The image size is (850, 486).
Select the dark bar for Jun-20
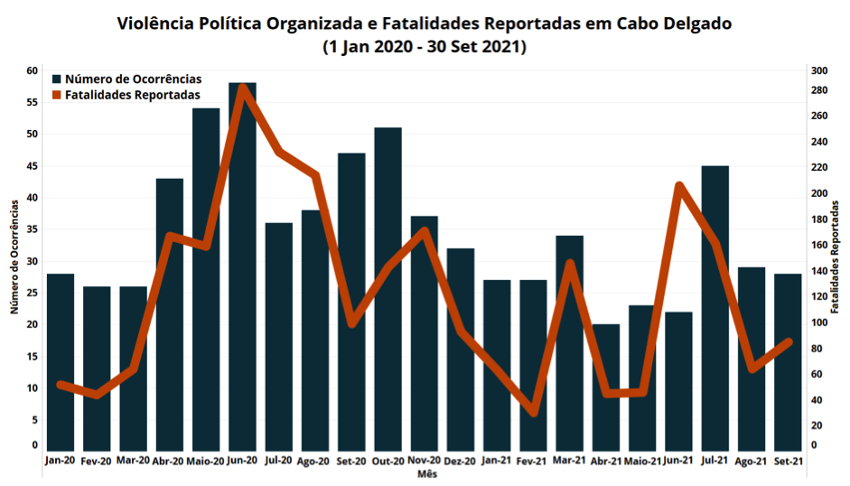point(242,271)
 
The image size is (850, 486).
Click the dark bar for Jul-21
point(715,307)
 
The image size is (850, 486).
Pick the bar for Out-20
point(388,289)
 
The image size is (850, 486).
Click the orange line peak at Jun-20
point(242,88)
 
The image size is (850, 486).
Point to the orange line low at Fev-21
point(533,412)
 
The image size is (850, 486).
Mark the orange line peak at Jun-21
point(678,186)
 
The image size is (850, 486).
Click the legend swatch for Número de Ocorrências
point(58,79)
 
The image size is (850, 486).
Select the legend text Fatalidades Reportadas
point(133,94)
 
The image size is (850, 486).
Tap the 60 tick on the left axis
point(32,70)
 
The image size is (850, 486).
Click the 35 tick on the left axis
point(32,229)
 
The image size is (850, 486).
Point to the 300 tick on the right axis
point(819,70)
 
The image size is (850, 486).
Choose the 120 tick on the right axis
point(819,297)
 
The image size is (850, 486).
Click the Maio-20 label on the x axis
point(206,461)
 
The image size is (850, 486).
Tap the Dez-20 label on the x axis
point(461,461)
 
